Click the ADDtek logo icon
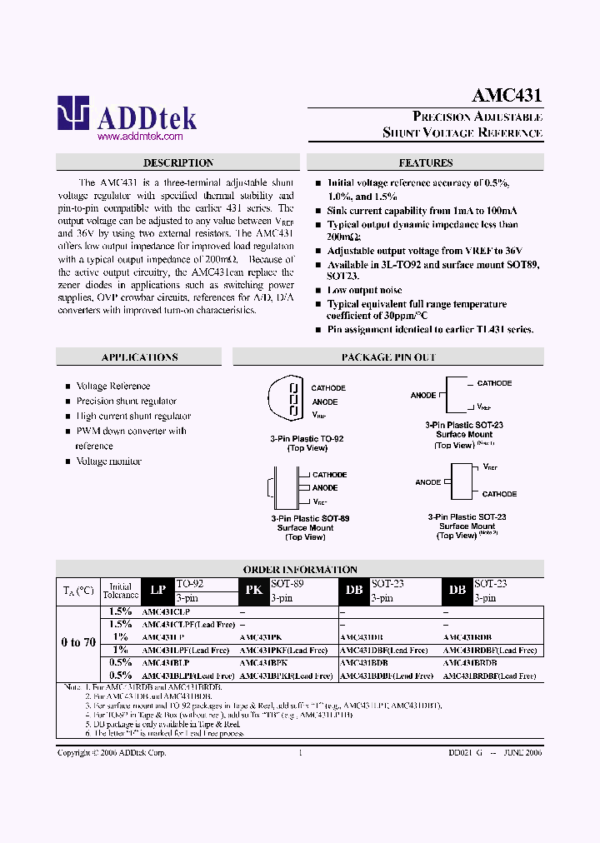click(73, 113)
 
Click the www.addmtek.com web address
click(140, 136)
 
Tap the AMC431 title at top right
click(507, 95)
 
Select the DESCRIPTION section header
click(178, 163)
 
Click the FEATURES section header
click(425, 163)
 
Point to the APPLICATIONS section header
click(139, 357)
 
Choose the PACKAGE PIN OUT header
click(388, 357)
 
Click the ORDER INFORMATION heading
click(301, 570)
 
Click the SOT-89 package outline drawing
click(283, 487)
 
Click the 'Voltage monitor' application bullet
click(108, 461)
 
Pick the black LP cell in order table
click(157, 591)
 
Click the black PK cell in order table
click(253, 591)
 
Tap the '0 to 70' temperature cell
click(78, 642)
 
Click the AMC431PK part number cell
click(262, 637)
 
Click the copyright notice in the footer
click(112, 752)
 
